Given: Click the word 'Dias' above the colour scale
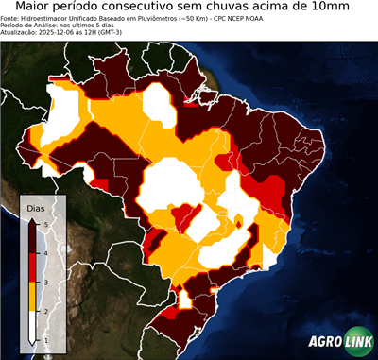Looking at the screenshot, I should tap(35, 207).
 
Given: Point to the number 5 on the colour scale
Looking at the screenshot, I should tap(45, 224).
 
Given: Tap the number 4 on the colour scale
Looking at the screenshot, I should tap(45, 253).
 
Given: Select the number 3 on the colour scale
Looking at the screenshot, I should tap(45, 282).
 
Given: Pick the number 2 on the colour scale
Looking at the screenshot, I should tap(45, 311).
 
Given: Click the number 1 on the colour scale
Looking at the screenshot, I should tap(45, 339).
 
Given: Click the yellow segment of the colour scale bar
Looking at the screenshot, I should tap(34, 297).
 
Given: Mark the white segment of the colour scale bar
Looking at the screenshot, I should tap(34, 325).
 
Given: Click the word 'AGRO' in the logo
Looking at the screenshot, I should tap(326, 343).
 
